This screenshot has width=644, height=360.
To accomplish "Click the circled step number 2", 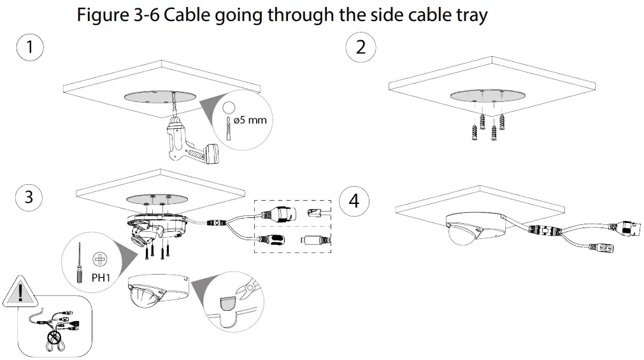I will click(x=360, y=48).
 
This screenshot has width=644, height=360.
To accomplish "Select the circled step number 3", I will click(x=29, y=198).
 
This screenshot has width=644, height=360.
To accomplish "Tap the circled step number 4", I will click(x=354, y=201).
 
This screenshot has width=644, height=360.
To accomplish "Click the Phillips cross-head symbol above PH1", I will click(x=99, y=259).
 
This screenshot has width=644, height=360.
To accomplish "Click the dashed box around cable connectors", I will click(x=292, y=226).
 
